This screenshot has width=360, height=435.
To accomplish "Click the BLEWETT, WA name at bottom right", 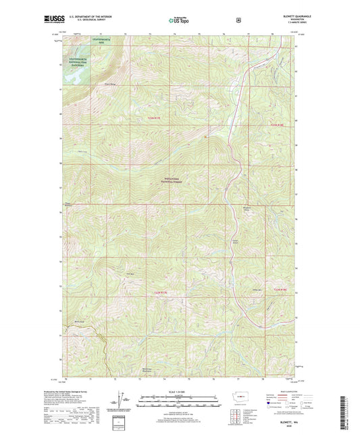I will click(x=290, y=420).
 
